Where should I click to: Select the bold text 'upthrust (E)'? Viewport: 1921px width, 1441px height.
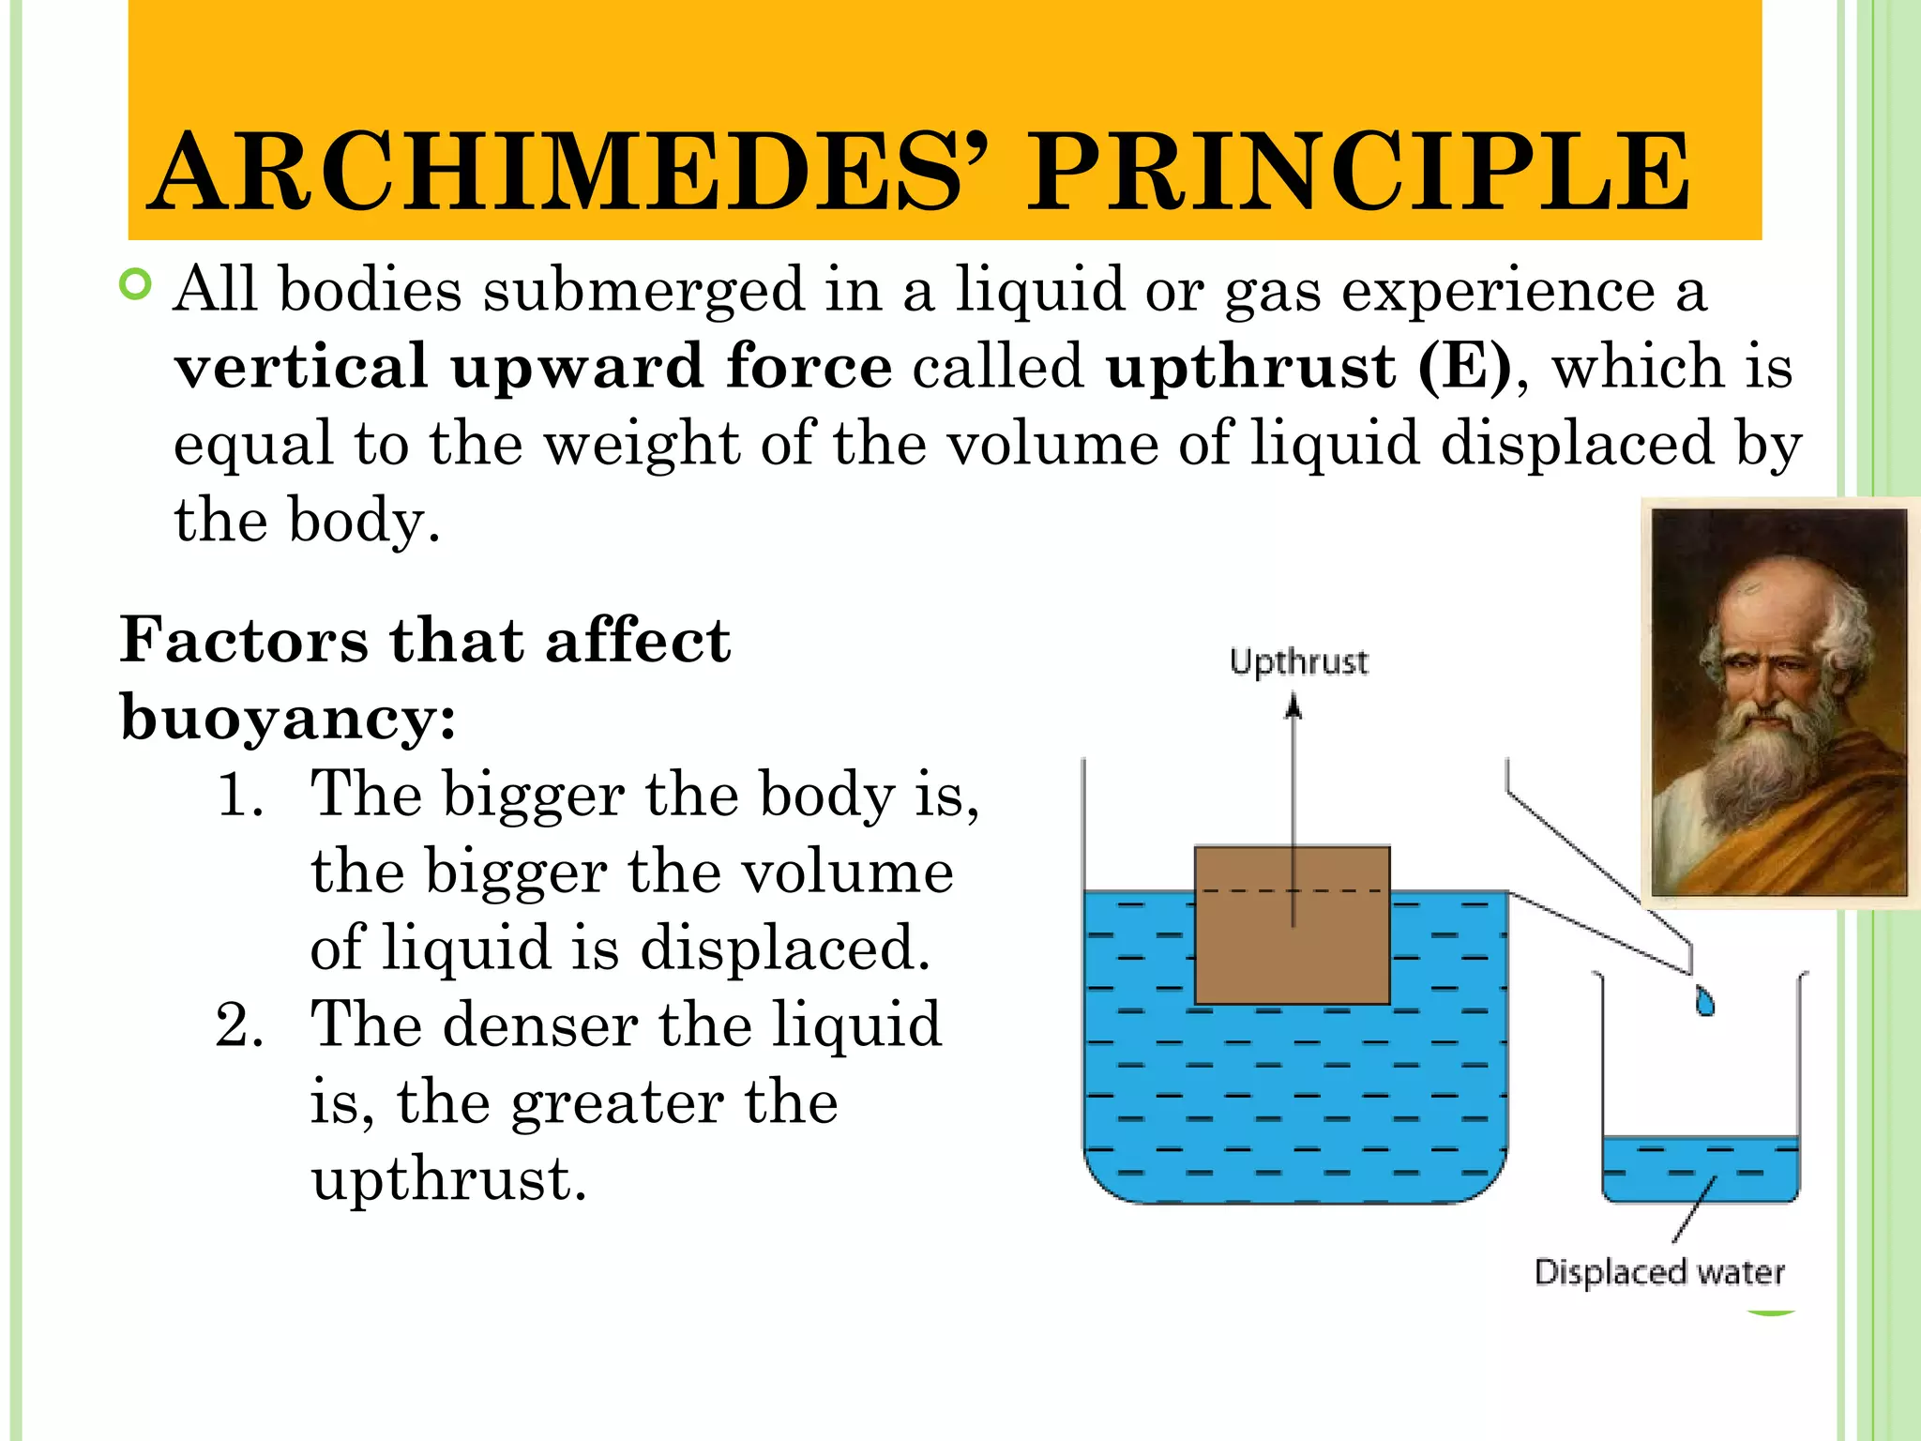pyautogui.click(x=1308, y=366)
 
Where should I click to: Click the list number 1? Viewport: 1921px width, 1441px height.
pyautogui.click(x=238, y=796)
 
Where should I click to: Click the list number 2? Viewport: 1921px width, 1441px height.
pyautogui.click(x=238, y=1024)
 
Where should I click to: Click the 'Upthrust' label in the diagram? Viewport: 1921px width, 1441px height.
pyautogui.click(x=1298, y=662)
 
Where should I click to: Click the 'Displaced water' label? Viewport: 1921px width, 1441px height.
pyautogui.click(x=1658, y=1272)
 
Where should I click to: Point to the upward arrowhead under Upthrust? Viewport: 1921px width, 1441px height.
pyautogui.click(x=1293, y=705)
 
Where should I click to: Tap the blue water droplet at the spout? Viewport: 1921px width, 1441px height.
pyautogui.click(x=1704, y=1002)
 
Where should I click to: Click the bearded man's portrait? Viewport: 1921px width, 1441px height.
pyautogui.click(x=1778, y=702)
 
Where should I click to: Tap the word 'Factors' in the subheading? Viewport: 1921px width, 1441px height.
pyautogui.click(x=244, y=642)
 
